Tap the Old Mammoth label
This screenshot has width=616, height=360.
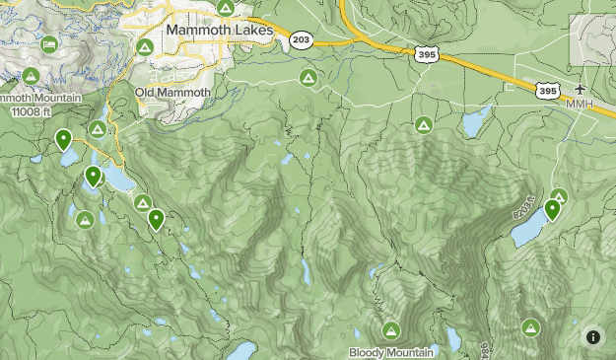point(172,93)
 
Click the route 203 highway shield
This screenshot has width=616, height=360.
point(301,39)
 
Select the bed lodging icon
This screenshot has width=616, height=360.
point(49,44)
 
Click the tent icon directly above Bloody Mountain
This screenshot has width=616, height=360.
point(391,330)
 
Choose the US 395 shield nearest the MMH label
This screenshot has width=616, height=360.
point(547,90)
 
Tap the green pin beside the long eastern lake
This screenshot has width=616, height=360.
point(552,208)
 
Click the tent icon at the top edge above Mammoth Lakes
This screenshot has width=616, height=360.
point(225,8)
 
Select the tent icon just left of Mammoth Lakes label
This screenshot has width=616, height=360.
point(145,46)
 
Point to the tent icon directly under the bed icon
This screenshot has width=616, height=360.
point(31,76)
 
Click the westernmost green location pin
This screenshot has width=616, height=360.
point(63,139)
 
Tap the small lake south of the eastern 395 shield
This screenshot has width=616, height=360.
point(475,122)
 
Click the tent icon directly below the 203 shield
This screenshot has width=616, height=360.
point(308,77)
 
